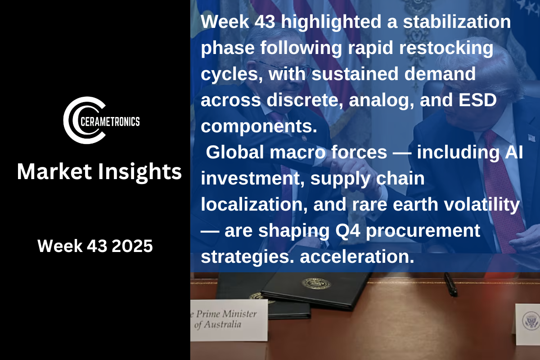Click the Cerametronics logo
(x=101, y=120)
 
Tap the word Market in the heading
(x=54, y=171)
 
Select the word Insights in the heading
(x=140, y=172)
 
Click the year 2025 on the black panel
(x=132, y=246)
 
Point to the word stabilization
(x=457, y=22)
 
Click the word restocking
(x=446, y=48)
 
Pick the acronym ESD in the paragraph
(x=477, y=100)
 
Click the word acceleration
(x=357, y=256)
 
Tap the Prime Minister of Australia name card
(x=229, y=320)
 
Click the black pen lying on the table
(x=451, y=284)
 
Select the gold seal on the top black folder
(x=316, y=283)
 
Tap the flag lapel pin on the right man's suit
(x=531, y=138)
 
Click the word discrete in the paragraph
(x=305, y=100)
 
